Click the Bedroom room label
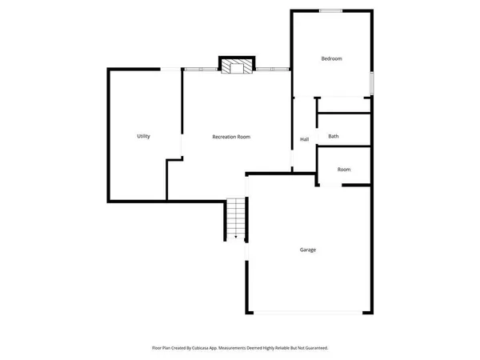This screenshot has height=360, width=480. (331, 58)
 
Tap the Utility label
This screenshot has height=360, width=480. (143, 137)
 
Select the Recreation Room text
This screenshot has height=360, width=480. (231, 137)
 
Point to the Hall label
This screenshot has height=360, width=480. (304, 140)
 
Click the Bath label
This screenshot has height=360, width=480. (333, 137)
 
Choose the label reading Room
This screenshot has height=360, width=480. (344, 170)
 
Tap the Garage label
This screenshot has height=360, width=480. (308, 250)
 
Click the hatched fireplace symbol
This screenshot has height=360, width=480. (236, 66)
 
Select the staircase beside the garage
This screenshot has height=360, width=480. (235, 218)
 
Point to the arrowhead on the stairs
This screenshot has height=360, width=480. (235, 237)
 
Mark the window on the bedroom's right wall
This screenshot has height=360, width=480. (372, 83)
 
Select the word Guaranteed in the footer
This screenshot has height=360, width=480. (311, 348)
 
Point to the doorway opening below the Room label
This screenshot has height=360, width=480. (331, 186)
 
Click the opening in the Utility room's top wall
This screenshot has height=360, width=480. (170, 70)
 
